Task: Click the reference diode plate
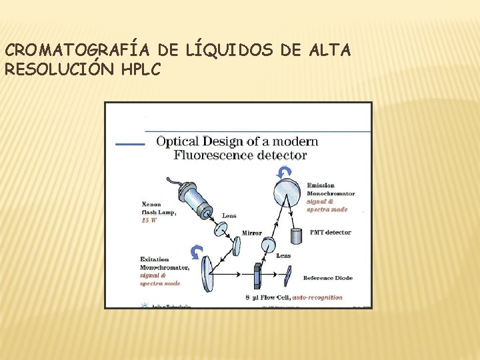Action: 289,273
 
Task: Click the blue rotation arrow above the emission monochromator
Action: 285,173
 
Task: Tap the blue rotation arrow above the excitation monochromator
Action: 196,251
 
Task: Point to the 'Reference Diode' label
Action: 328,278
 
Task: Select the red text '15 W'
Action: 149,220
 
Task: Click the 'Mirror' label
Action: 251,233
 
